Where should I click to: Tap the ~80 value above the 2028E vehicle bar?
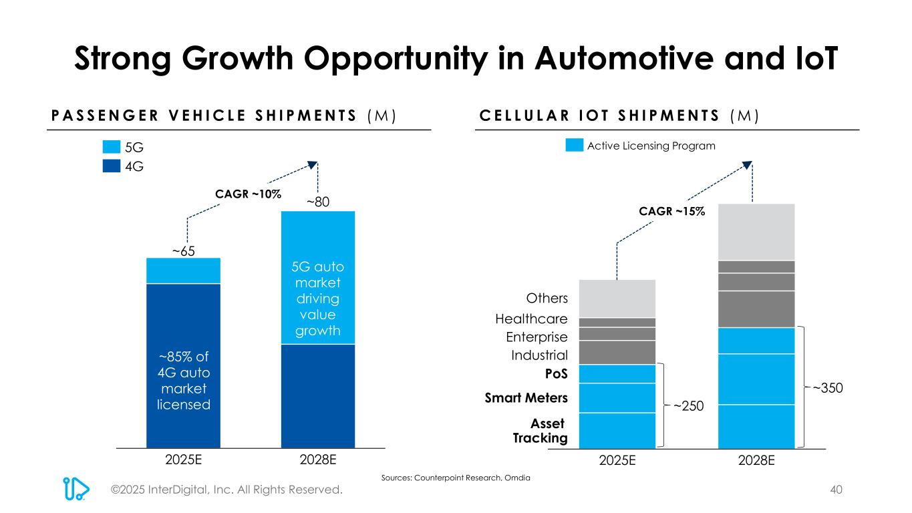tap(318, 202)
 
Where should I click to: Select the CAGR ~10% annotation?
tap(248, 194)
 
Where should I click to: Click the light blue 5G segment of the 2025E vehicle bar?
tap(183, 271)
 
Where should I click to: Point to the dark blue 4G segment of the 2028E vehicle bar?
tap(318, 395)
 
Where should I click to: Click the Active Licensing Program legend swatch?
tap(575, 146)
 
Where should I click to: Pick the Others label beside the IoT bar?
tap(547, 298)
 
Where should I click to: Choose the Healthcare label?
tap(532, 319)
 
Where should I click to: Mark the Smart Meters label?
tap(526, 398)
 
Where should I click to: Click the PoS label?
tap(557, 373)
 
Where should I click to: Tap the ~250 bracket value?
tap(687, 405)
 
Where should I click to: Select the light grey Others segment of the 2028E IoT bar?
tap(756, 231)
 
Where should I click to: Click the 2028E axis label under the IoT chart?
tap(756, 460)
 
